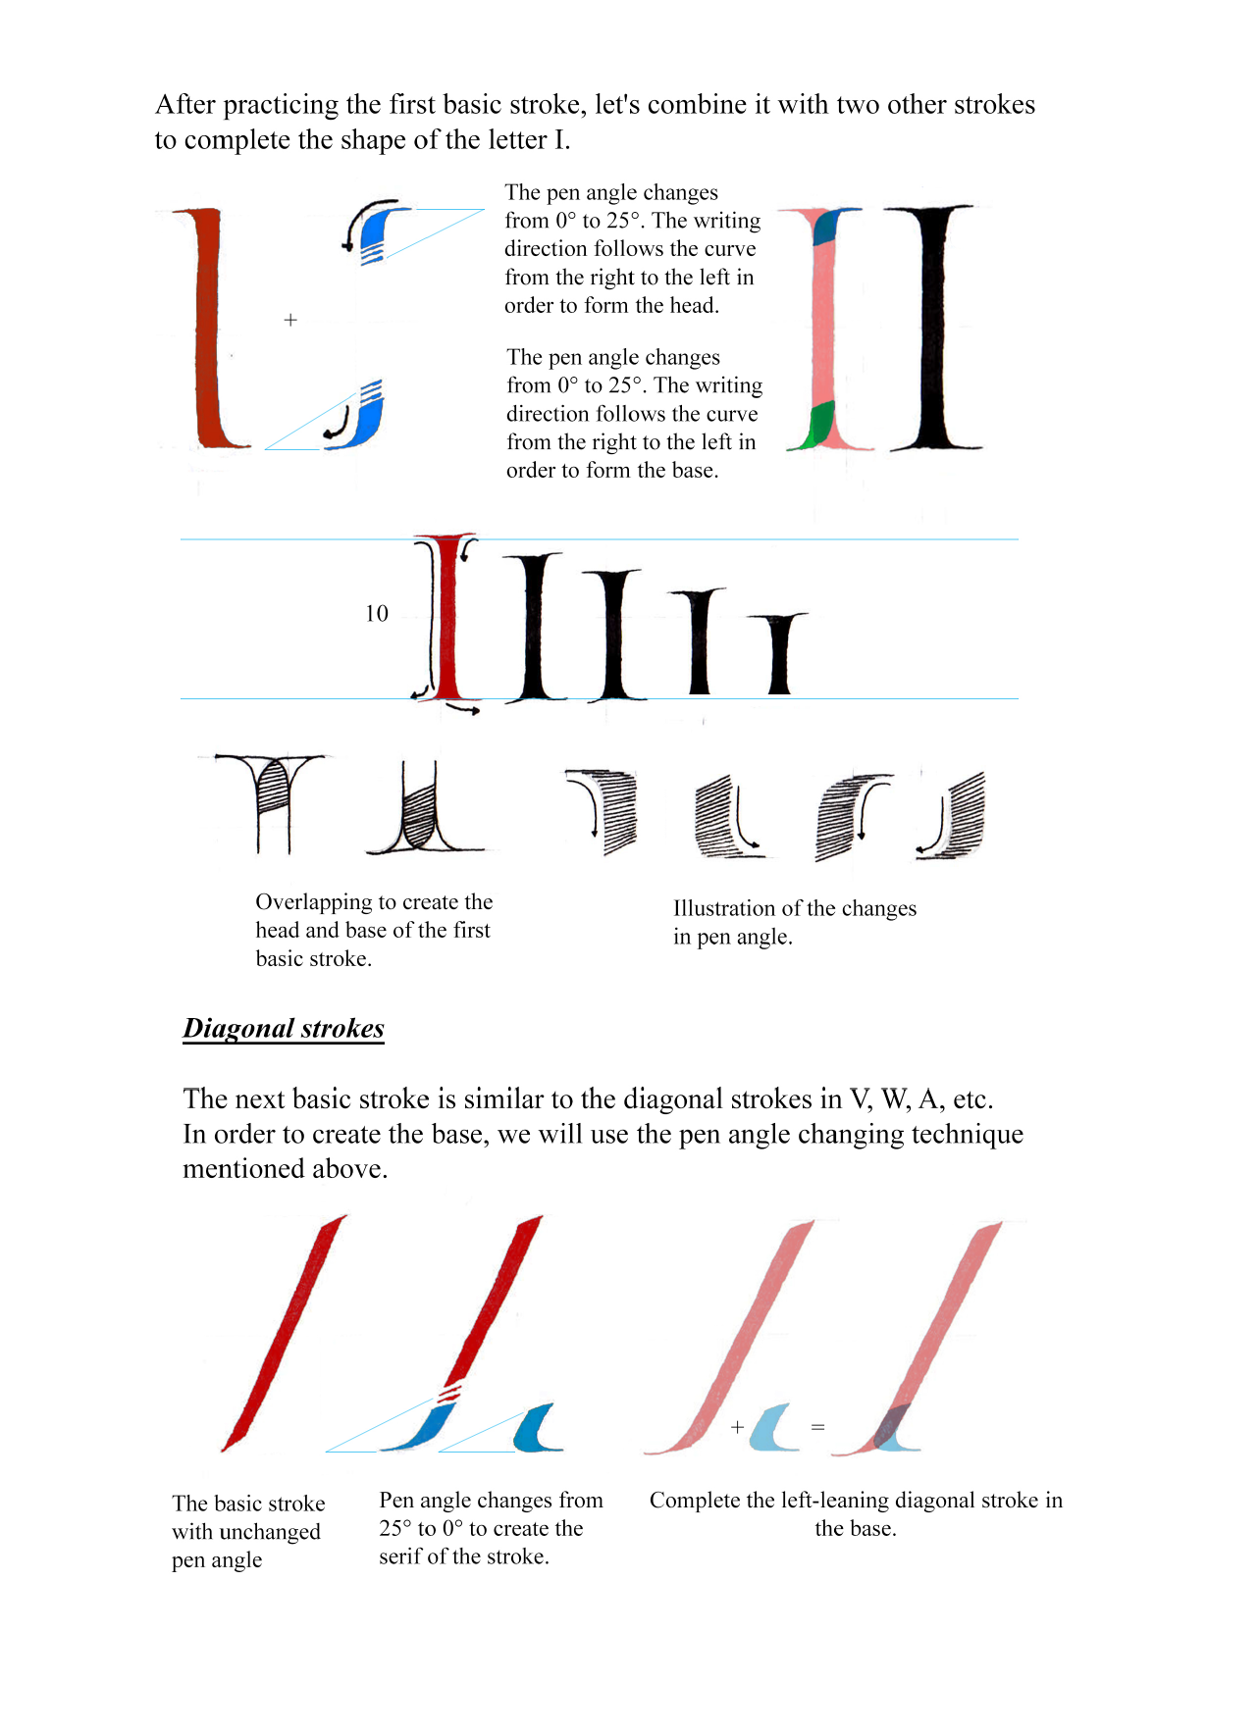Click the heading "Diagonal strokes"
283,1028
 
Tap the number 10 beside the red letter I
377,614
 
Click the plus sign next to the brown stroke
290,320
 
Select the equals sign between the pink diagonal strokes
817,1427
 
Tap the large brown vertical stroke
209,329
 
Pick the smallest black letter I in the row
779,652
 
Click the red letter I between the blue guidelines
447,618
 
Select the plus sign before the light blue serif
737,1427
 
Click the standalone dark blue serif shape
538,1428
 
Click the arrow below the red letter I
463,707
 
